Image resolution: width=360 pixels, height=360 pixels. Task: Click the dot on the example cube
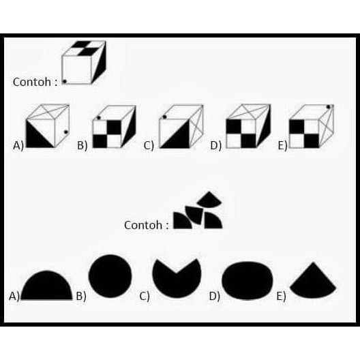[x=65, y=81]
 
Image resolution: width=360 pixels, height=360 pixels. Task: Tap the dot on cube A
[x=66, y=132]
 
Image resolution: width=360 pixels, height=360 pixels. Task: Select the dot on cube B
[x=99, y=117]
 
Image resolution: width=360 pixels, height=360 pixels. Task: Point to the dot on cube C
[x=164, y=117]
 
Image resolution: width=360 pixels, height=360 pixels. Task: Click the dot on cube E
[x=329, y=107]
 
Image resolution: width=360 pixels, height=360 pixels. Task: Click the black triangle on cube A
[x=35, y=138]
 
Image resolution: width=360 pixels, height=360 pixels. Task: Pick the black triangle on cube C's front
[x=179, y=138]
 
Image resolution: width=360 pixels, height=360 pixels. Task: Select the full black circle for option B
[x=110, y=276]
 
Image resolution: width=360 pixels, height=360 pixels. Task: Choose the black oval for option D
[x=247, y=280]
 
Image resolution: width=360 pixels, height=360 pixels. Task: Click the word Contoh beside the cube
[x=32, y=82]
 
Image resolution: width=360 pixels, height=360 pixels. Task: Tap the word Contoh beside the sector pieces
[x=143, y=225]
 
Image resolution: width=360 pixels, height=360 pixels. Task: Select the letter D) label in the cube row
[x=216, y=145]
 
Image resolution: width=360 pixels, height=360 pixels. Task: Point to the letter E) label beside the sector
[x=281, y=296]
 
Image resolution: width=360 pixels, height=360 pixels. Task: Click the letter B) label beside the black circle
[x=81, y=296]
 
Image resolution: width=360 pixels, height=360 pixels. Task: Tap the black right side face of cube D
[x=265, y=129]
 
